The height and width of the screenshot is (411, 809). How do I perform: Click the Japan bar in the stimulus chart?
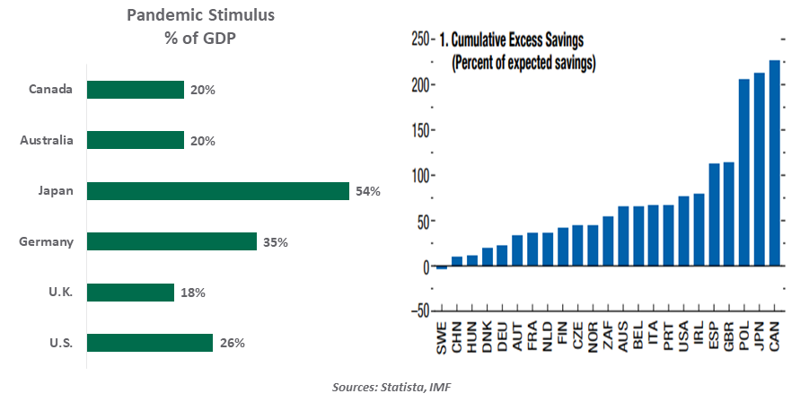click(217, 191)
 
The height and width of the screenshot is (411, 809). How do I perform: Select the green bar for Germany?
click(171, 241)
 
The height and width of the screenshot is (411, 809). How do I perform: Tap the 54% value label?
click(368, 191)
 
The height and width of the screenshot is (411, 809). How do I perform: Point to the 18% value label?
click(193, 293)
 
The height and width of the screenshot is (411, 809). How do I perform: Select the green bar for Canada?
click(135, 90)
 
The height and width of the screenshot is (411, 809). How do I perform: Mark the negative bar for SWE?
click(441, 268)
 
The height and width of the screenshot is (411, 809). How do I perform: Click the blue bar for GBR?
click(729, 214)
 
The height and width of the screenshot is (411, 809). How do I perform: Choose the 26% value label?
click(232, 343)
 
